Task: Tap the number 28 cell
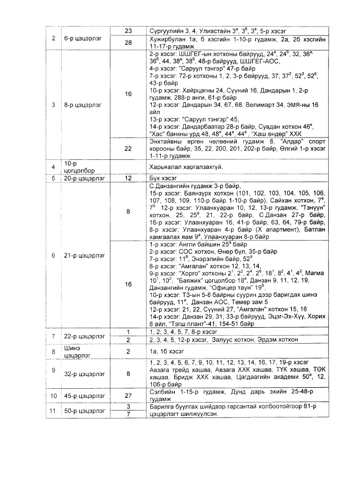pos(127,42)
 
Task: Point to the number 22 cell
pos(127,149)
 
